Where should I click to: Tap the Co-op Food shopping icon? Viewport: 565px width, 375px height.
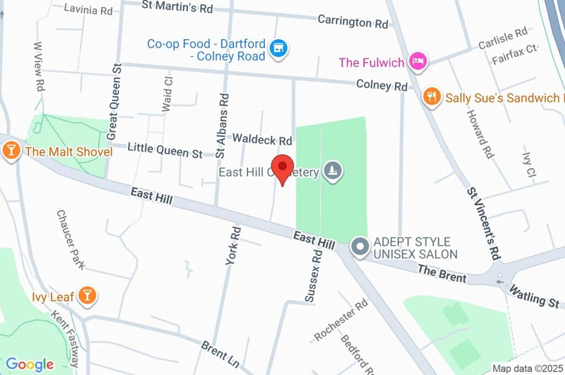pyautogui.click(x=280, y=48)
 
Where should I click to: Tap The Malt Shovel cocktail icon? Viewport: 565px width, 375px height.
pyautogui.click(x=10, y=150)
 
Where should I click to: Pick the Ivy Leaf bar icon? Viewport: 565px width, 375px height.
pyautogui.click(x=87, y=296)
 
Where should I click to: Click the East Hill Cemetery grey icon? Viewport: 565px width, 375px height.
pyautogui.click(x=333, y=172)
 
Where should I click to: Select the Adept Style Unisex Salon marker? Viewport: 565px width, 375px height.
pyautogui.click(x=360, y=247)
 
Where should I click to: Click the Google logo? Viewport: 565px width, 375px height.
pyautogui.click(x=29, y=364)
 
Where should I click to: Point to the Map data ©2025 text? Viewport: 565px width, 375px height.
pyautogui.click(x=526, y=368)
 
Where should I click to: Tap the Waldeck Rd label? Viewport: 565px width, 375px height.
pyautogui.click(x=262, y=139)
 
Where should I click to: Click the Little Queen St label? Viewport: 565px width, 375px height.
pyautogui.click(x=165, y=150)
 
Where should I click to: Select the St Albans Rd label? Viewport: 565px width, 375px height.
pyautogui.click(x=223, y=125)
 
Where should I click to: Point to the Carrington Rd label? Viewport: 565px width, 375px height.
pyautogui.click(x=353, y=22)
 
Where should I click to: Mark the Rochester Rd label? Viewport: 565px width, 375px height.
pyautogui.click(x=341, y=320)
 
